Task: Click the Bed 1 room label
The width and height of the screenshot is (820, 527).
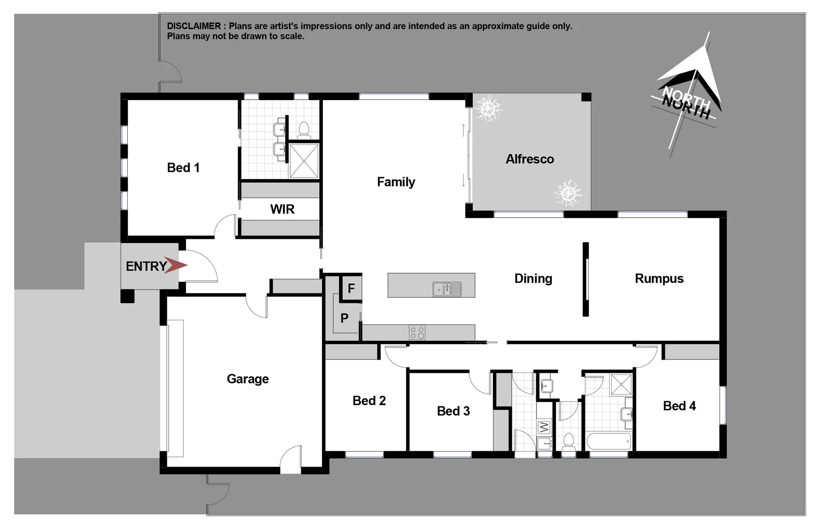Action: coord(183,168)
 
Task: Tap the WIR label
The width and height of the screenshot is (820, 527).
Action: coord(282,209)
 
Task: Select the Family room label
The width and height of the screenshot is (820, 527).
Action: coord(396,182)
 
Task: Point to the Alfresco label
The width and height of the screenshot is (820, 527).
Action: coord(529,159)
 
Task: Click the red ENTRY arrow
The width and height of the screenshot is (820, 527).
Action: coord(175,265)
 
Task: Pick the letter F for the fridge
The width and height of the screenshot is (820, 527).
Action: coord(351,288)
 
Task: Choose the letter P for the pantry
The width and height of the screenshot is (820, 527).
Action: coord(344,318)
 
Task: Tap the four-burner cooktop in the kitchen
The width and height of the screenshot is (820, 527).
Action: coord(417,333)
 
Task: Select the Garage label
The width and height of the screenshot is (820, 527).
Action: coord(247,379)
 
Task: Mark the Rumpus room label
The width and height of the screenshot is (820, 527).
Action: coord(659,279)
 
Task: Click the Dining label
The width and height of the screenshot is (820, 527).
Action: coord(533,279)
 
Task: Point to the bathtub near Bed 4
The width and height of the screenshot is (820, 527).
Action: coord(608,442)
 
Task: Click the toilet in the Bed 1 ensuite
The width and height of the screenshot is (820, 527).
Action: coord(304,130)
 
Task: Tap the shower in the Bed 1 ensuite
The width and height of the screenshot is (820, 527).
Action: coord(304,161)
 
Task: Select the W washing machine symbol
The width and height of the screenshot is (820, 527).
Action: coord(544,427)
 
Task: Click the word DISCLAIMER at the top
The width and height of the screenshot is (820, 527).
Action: coord(194,26)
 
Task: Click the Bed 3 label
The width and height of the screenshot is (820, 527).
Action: coord(453,411)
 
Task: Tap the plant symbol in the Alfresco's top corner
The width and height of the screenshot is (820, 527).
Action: coord(488,108)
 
